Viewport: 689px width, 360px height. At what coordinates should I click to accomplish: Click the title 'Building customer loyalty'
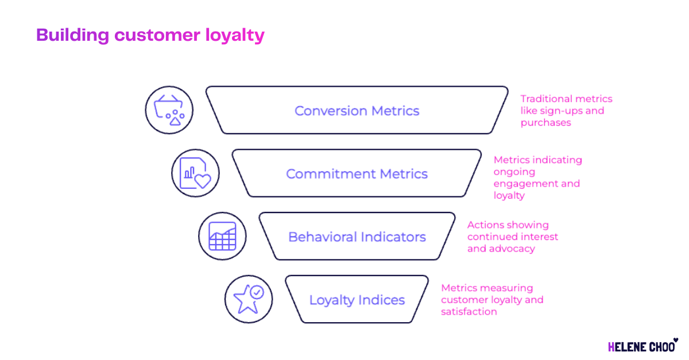coord(150,35)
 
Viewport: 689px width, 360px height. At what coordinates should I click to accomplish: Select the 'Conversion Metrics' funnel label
coord(357,111)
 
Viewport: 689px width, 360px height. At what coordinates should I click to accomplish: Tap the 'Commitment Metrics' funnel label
coord(357,174)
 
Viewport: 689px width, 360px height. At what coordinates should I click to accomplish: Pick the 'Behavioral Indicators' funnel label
coord(357,237)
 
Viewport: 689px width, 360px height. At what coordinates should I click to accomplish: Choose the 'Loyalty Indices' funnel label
coord(357,300)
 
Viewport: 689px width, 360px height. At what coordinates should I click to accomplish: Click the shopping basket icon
coord(169,110)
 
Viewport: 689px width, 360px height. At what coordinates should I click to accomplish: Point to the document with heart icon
coord(195,173)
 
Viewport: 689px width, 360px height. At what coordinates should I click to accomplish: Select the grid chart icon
coord(222,236)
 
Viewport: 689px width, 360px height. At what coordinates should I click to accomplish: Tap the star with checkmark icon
coord(249,299)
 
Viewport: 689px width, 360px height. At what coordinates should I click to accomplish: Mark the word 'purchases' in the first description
coord(545,122)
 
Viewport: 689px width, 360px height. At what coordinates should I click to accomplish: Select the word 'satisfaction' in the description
coord(469,312)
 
